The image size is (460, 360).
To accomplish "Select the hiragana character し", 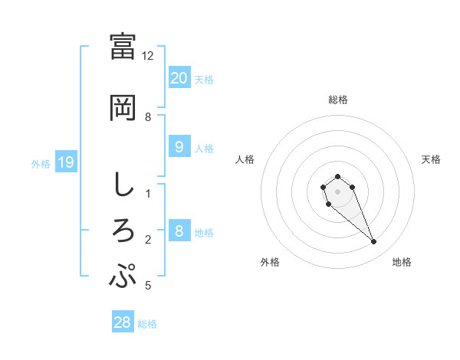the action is tap(123, 185).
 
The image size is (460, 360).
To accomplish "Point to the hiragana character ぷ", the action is tap(123, 277).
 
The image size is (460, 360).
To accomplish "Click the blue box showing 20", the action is tap(179, 77).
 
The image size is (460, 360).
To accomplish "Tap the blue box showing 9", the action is tap(179, 147).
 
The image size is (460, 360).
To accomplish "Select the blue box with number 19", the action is tap(65, 162).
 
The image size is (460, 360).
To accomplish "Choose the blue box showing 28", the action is tap(123, 322).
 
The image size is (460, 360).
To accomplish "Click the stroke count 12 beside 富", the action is tap(148, 56).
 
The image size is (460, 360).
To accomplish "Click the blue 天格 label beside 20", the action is tap(203, 79).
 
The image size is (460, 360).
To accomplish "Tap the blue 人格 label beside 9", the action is tap(203, 149).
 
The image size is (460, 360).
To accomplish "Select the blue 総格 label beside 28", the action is tap(147, 324).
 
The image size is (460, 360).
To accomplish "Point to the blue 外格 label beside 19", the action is tap(40, 163).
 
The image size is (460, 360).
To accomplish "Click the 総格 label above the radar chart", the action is tap(337, 100).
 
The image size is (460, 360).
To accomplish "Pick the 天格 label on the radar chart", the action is tap(432, 159).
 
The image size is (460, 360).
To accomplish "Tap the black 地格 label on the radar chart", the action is tap(402, 262).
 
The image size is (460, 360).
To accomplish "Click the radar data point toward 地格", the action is tap(374, 242).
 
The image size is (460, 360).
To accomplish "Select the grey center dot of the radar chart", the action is tap(337, 191).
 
